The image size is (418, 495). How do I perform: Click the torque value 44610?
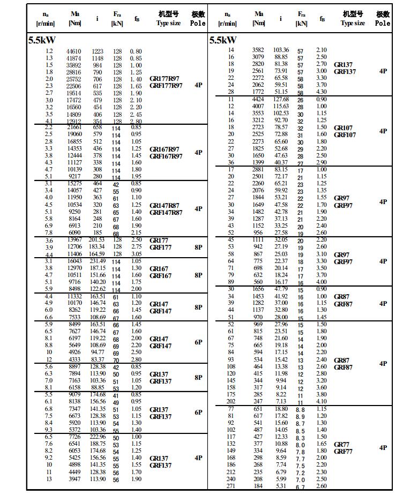[x=74, y=51]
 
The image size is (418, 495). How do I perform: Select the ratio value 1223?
[x=97, y=51]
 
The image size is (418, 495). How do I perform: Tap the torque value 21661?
[x=74, y=127]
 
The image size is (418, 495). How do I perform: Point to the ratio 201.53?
[x=97, y=239]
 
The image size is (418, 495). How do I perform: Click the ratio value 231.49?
[x=97, y=261]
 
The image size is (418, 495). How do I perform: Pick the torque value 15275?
[x=74, y=184]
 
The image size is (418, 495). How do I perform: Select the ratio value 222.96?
[x=97, y=437]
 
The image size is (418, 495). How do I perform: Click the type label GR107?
[x=343, y=128]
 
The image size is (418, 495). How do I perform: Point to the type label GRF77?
[x=343, y=452]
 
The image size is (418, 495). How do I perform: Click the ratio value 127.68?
[x=281, y=99]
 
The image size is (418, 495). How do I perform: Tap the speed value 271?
[x=231, y=486]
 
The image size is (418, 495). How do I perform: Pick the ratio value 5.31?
[x=281, y=486]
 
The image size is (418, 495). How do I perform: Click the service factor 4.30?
[x=321, y=92]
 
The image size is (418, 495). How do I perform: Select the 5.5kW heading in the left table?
[x=42, y=40]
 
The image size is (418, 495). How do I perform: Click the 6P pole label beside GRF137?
[x=198, y=412]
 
